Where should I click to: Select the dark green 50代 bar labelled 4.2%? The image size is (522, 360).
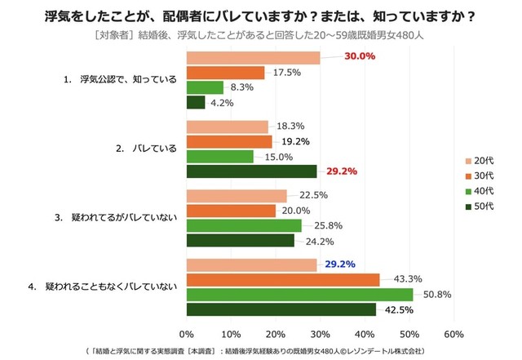pos(196,102)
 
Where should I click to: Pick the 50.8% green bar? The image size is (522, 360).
pos(299,295)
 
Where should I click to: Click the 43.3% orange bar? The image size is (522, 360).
pos(283,280)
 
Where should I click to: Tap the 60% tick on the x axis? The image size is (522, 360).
pos(454,333)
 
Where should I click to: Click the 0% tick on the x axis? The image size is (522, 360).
pos(186,333)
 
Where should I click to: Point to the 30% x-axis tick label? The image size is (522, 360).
pos(320,333)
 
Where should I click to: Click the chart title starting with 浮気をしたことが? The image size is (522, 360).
pos(261,16)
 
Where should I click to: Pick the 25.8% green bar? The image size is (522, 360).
pos(243,225)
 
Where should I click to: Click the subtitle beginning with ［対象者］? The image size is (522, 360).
pos(261,36)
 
